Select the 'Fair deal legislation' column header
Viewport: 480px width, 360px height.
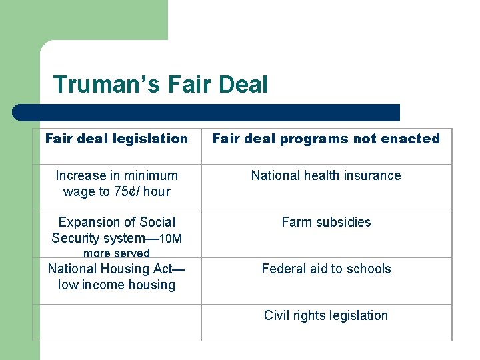tap(117, 139)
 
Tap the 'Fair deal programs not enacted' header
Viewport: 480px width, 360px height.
tap(326, 139)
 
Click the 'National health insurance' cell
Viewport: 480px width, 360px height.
tap(326, 175)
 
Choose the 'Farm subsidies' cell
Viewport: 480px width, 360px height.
tap(326, 222)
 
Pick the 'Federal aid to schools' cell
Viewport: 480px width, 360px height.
tap(326, 269)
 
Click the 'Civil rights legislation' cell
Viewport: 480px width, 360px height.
tap(326, 315)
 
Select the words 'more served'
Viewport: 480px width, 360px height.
tap(117, 253)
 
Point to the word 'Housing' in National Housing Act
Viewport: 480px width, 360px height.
tap(129, 269)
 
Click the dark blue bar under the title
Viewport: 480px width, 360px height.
tap(207, 112)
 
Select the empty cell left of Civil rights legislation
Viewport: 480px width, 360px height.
tap(117, 323)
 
